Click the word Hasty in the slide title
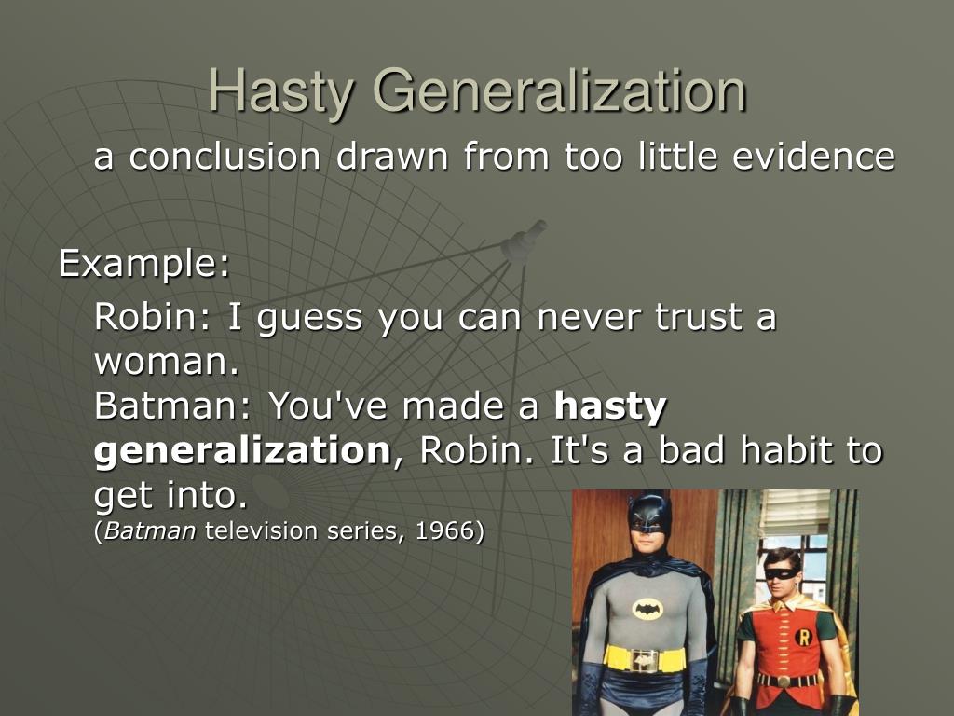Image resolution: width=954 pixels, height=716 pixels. tap(280, 91)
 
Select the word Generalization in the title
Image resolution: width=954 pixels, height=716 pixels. tap(559, 91)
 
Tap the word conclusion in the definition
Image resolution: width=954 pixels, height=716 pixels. tap(224, 158)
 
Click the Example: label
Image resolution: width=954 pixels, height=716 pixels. tap(144, 265)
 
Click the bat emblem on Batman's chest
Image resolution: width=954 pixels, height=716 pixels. tap(647, 609)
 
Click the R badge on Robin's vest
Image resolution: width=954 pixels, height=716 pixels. tap(803, 637)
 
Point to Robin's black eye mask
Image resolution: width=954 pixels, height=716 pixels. tap(781, 573)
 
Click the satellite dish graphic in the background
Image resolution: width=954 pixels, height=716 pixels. tap(522, 242)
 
